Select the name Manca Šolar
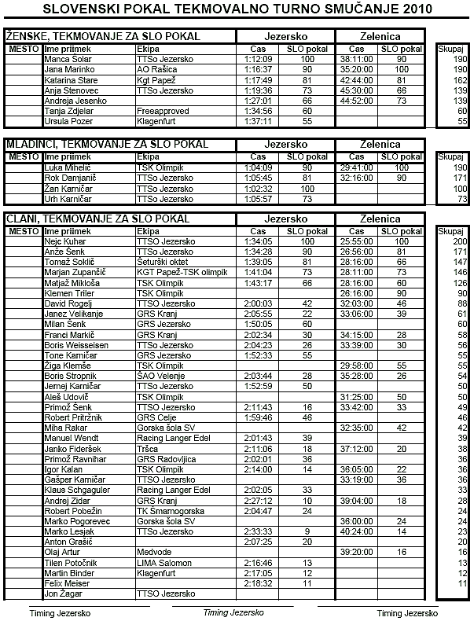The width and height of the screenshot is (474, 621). pos(68,59)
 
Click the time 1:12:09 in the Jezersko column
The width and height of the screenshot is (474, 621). pos(258,59)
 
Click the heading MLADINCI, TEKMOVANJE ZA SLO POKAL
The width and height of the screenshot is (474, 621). pos(107,145)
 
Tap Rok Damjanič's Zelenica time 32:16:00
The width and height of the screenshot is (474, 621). pos(357,178)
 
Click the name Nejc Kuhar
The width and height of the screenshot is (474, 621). pos(66,241)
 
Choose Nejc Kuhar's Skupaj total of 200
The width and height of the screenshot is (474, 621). pos(460,241)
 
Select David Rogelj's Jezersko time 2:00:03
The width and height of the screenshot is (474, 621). pos(258,303)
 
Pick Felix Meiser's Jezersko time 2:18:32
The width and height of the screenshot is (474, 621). pos(258,583)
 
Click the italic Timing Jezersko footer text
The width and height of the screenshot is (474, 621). pos(232,612)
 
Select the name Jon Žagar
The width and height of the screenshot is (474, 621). pos(64,594)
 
